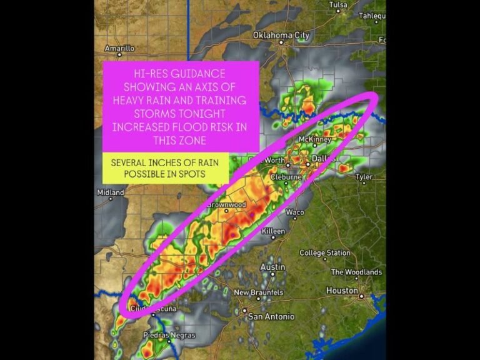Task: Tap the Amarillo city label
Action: pos(119,48)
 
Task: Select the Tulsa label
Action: pos(337,4)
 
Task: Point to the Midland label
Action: pos(110,192)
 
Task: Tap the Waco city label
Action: pos(294,212)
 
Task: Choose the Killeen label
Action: pos(273,231)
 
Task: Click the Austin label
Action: pos(272,267)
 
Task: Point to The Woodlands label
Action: pos(356,272)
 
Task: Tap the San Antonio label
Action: pos(271,316)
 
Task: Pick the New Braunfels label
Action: pos(258,292)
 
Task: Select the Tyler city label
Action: pos(364,177)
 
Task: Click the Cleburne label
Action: pos(286,177)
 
